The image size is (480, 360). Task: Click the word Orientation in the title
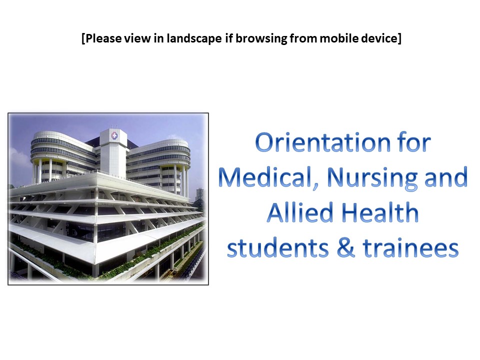tap(323, 142)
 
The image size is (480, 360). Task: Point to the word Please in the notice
tap(103, 38)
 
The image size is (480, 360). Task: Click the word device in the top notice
tap(379, 38)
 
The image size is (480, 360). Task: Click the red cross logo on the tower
tap(114, 135)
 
